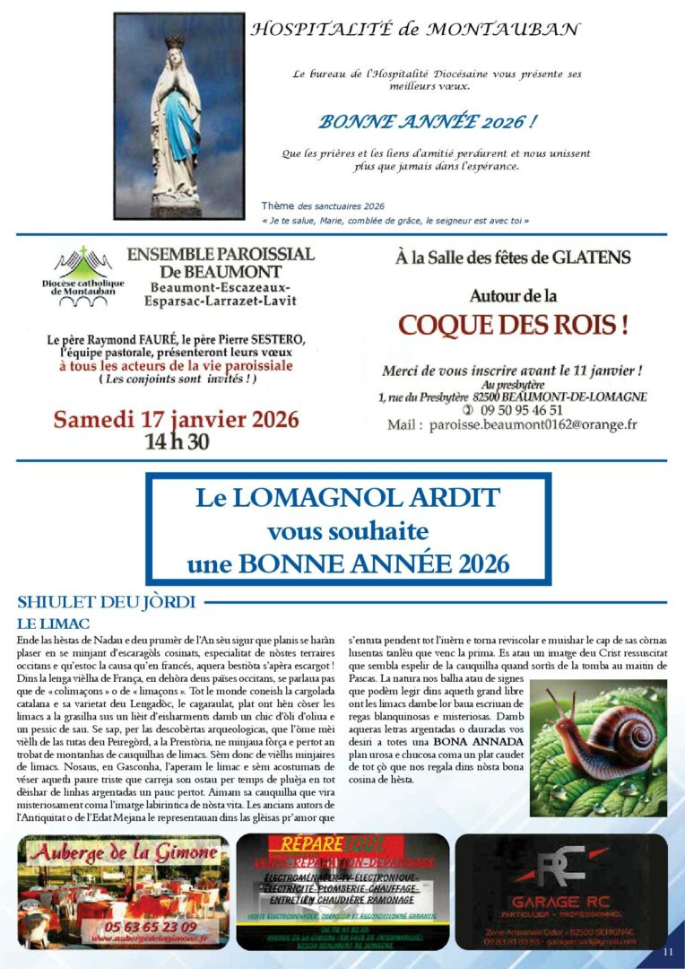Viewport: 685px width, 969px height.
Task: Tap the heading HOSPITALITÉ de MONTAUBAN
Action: pyautogui.click(x=414, y=30)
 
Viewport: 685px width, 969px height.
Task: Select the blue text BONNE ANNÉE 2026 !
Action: pyautogui.click(x=429, y=121)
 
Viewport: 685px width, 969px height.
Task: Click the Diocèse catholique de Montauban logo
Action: pyautogui.click(x=82, y=275)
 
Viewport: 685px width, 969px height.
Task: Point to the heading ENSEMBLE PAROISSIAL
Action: pyautogui.click(x=221, y=254)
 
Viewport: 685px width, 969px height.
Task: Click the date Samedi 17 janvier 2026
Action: pyautogui.click(x=176, y=420)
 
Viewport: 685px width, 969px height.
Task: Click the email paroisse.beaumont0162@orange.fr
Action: pyautogui.click(x=532, y=424)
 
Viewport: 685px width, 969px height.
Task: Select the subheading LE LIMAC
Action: pyautogui.click(x=55, y=623)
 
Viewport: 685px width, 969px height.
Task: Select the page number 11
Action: pyautogui.click(x=667, y=951)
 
